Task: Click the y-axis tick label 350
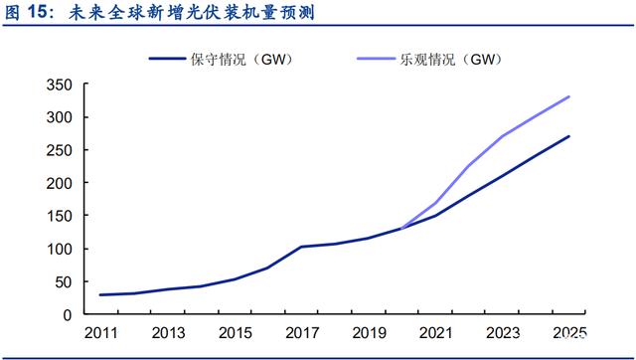click(60, 85)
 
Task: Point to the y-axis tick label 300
click(60, 117)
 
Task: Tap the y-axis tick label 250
click(60, 150)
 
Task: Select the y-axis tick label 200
click(60, 183)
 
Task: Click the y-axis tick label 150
click(60, 217)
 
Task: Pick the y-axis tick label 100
click(60, 249)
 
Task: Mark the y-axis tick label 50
click(64, 282)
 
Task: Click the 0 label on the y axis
click(68, 315)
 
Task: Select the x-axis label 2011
click(101, 333)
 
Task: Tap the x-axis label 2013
click(168, 333)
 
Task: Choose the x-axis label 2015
click(236, 333)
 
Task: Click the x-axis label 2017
click(302, 333)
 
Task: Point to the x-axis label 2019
click(369, 333)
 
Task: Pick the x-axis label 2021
click(436, 333)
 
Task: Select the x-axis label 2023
click(503, 333)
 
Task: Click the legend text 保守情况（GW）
click(242, 60)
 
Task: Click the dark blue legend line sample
click(168, 59)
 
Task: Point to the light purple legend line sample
click(376, 59)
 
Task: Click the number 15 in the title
click(39, 13)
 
